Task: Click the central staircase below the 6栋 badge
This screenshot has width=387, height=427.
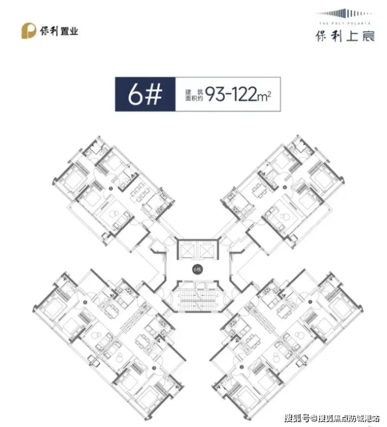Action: pos(196,301)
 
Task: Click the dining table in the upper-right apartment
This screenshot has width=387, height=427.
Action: pos(257,191)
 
